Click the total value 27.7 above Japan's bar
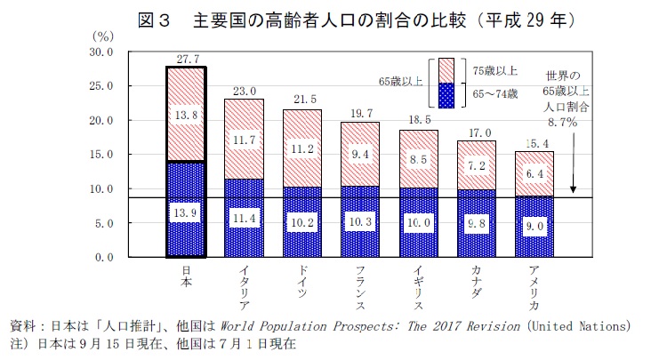[187, 59]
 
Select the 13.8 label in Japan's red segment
[187, 116]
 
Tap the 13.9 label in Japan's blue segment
[187, 214]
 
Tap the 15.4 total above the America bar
[536, 143]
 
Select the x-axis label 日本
[187, 277]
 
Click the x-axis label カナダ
[478, 283]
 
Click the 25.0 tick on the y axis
[126, 86]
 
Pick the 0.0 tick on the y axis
[130, 258]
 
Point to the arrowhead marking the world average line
[574, 189]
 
